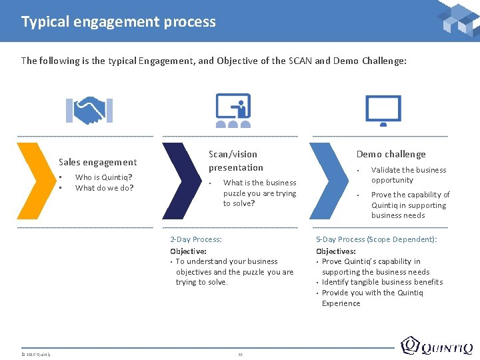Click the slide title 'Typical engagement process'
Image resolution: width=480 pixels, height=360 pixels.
[x=119, y=21]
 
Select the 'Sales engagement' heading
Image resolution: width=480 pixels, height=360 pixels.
[x=97, y=162]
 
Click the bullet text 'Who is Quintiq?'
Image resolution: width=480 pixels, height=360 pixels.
[x=103, y=177]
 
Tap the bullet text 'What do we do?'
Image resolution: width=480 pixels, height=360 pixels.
[x=104, y=188]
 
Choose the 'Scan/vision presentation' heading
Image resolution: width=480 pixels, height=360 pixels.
[x=236, y=161]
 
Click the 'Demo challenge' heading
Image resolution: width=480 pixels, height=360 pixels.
[x=391, y=154]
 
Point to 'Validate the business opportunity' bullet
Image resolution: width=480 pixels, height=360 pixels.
[x=408, y=175]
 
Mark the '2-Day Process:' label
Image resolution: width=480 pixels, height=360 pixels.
[x=196, y=239]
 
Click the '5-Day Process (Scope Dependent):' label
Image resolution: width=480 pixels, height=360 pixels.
[x=376, y=239]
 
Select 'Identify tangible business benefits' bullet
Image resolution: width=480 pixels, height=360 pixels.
[x=382, y=282]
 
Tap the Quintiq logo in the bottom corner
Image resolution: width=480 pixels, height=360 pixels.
[x=437, y=347]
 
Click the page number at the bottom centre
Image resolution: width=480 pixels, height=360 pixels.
[x=240, y=353]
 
